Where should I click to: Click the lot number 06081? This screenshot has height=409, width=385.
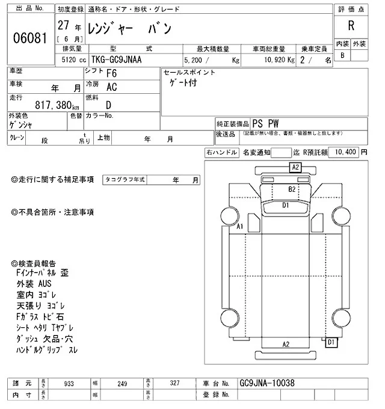click(x=29, y=37)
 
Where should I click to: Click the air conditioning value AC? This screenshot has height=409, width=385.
click(x=112, y=87)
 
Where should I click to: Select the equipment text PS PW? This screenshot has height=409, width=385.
click(x=266, y=122)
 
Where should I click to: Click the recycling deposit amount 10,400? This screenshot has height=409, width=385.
click(x=346, y=152)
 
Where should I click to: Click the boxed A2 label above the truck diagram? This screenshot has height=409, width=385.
click(x=295, y=168)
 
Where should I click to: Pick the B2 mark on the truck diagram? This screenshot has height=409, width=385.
click(x=292, y=189)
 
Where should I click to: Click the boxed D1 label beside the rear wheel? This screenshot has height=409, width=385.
click(x=330, y=342)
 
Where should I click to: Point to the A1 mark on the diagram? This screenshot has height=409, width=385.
click(x=239, y=227)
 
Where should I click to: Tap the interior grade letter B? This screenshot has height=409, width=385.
click(x=342, y=55)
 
